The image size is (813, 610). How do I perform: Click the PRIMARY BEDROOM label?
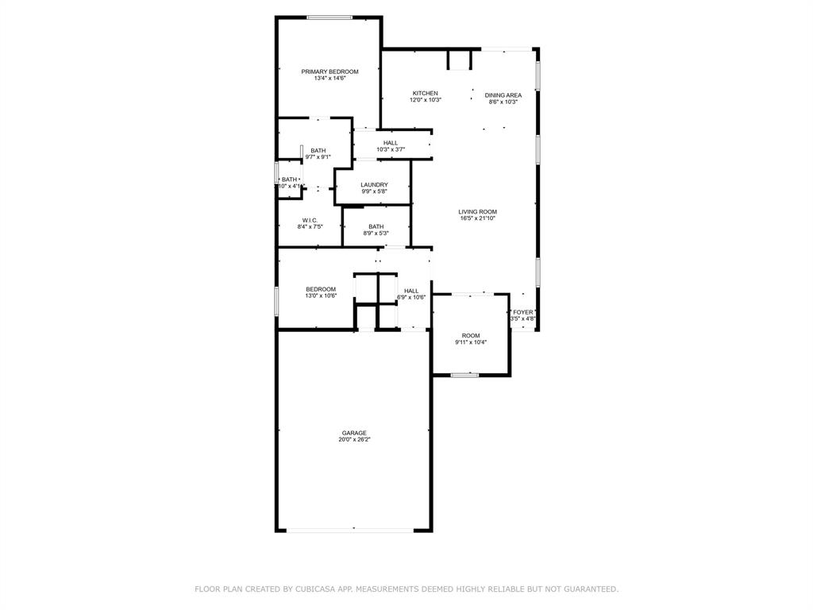[329, 71]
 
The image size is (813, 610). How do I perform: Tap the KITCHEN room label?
[425, 93]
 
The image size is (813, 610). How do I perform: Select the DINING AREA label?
[503, 95]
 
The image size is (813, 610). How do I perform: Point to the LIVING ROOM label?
[477, 211]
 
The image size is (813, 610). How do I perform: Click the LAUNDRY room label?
[374, 185]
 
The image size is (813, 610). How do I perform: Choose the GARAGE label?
[354, 433]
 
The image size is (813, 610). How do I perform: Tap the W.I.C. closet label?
[310, 220]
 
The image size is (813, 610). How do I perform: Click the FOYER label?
[523, 312]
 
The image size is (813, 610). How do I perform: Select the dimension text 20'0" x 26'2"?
[354, 439]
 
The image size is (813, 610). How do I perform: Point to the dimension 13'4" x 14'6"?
[329, 78]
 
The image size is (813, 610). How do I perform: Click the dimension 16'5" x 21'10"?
[477, 218]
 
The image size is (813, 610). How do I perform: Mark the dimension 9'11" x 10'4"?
[471, 342]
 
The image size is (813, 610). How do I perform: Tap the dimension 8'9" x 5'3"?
[376, 233]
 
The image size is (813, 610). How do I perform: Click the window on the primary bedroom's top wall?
[330, 17]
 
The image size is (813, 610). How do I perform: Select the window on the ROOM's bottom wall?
[464, 374]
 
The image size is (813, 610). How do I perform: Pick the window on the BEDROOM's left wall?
[276, 300]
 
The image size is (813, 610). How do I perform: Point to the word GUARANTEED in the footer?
[588, 589]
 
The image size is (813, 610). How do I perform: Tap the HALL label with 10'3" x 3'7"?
[391, 143]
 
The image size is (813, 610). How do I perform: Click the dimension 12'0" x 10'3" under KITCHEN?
[426, 100]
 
